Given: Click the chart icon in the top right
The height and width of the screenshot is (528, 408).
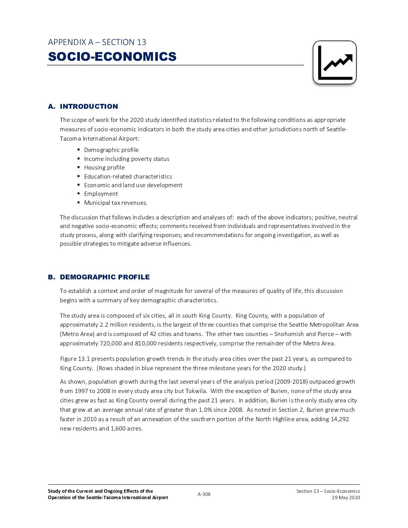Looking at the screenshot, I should pyautogui.click(x=334, y=62).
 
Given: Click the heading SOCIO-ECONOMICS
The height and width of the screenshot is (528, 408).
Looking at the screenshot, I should pyautogui.click(x=112, y=57).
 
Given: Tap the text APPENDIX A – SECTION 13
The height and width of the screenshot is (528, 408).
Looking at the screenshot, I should pyautogui.click(x=97, y=42).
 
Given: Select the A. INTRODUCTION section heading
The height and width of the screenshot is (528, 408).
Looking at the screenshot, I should pyautogui.click(x=83, y=106).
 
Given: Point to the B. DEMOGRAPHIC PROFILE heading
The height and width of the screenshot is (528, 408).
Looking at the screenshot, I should pyautogui.click(x=99, y=277).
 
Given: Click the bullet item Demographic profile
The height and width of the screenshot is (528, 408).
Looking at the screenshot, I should pyautogui.click(x=111, y=150).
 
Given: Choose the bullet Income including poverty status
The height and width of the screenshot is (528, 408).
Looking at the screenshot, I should pyautogui.click(x=126, y=159).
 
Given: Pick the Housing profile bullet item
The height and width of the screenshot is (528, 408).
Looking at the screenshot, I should pyautogui.click(x=104, y=168).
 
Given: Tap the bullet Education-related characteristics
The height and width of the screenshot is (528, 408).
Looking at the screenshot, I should pyautogui.click(x=128, y=177).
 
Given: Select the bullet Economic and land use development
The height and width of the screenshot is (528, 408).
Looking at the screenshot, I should pyautogui.click(x=133, y=185).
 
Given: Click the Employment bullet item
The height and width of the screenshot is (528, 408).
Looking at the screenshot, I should pyautogui.click(x=101, y=194).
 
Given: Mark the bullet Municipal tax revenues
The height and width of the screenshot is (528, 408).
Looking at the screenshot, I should pyautogui.click(x=115, y=203).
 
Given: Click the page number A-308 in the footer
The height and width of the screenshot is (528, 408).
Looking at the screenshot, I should pyautogui.click(x=204, y=494).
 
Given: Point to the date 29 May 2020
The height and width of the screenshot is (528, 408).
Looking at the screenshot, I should pyautogui.click(x=346, y=498).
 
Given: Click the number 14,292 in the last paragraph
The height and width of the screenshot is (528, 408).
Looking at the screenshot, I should pyautogui.click(x=340, y=419).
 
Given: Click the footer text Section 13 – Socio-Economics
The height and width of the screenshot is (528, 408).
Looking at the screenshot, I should pyautogui.click(x=328, y=491).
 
